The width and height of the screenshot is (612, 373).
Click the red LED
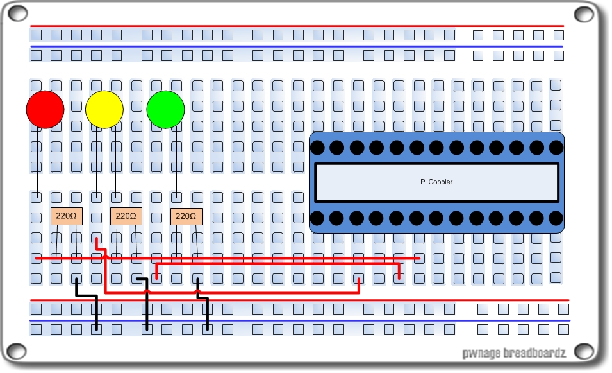[45, 109]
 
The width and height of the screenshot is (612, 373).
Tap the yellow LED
[104, 109]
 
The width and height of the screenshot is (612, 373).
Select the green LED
[165, 109]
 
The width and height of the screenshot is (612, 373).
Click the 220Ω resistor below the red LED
[67, 216]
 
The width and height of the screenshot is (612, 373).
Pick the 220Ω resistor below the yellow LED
[126, 216]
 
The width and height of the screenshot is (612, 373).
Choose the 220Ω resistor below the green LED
[186, 216]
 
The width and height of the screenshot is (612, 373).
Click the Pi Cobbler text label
[436, 182]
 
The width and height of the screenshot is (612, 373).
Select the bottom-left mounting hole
[15, 352]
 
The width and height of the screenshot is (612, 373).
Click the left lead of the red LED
[37, 160]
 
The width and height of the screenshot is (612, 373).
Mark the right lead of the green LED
[176, 160]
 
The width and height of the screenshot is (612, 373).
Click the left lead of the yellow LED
[96, 160]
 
